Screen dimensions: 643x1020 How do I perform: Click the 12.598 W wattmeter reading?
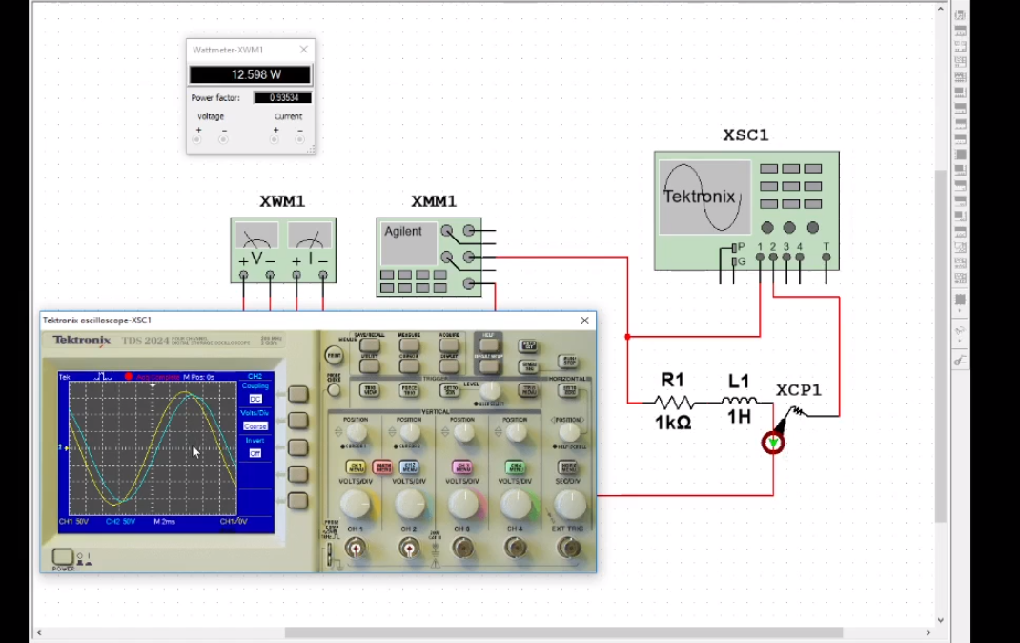point(250,74)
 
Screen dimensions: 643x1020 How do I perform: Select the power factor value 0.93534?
point(282,97)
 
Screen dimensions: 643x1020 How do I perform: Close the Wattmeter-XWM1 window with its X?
point(304,50)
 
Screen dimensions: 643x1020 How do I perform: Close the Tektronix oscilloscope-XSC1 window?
point(584,321)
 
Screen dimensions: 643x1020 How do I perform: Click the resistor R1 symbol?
point(673,403)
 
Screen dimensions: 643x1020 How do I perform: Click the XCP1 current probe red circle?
point(773,443)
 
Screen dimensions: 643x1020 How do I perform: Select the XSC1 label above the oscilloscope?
point(745,135)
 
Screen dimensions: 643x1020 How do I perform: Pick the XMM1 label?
point(434,201)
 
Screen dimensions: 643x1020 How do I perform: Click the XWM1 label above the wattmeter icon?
point(282,201)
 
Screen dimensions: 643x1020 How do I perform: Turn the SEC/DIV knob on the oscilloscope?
point(569,504)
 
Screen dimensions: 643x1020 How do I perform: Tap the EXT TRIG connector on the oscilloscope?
point(569,548)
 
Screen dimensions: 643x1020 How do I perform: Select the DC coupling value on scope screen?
point(255,399)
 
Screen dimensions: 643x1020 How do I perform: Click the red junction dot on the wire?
point(627,337)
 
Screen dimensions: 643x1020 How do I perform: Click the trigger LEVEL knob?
point(490,391)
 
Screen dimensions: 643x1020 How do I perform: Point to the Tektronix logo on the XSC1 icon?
point(700,197)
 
